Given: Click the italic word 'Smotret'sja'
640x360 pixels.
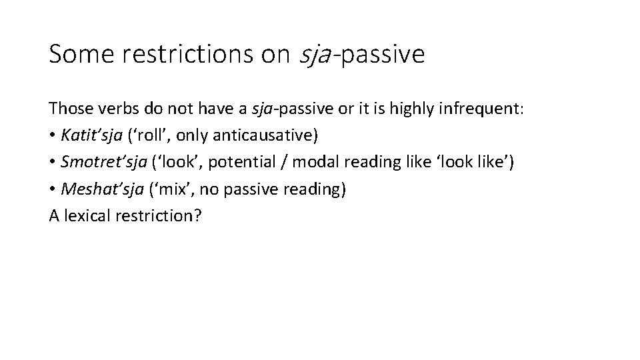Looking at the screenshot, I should coord(100,162).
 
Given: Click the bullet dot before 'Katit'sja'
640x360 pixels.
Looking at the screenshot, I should coord(52,136).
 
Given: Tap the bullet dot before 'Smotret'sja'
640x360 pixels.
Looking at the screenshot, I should coord(52,163).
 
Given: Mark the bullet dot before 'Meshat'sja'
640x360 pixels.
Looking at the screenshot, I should coord(52,189).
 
